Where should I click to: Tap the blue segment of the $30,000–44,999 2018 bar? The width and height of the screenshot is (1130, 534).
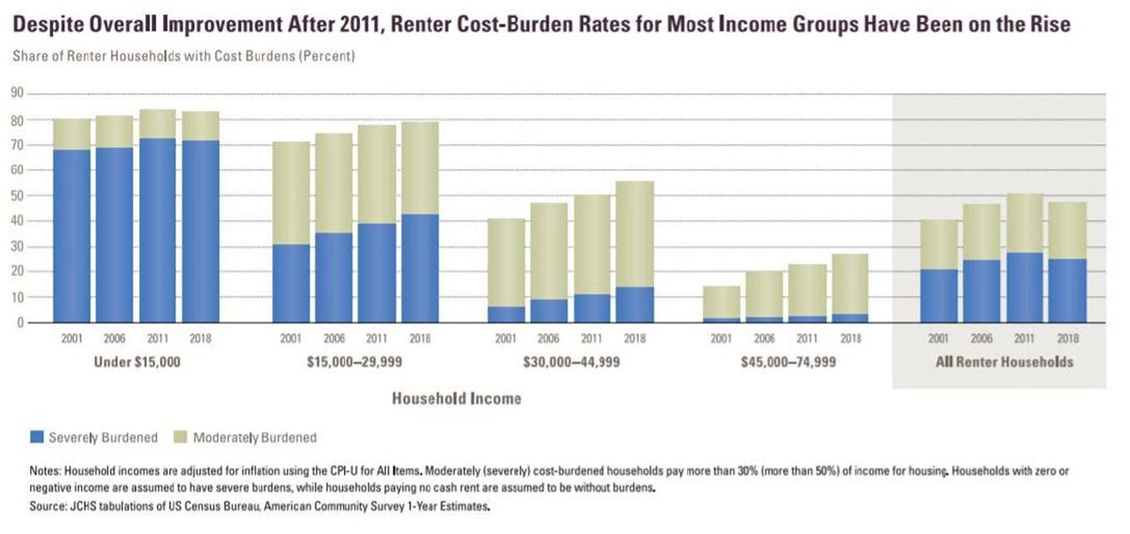636,305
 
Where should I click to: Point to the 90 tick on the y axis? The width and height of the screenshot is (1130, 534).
17,94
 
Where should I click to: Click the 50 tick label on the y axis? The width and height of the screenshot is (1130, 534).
17,195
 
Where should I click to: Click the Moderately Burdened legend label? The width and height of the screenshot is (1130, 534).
255,436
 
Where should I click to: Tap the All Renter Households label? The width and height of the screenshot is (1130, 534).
1001,362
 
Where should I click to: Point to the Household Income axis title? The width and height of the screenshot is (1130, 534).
456,399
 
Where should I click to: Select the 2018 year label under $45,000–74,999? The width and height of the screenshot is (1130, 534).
850,339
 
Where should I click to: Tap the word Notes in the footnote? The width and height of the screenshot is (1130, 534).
44,471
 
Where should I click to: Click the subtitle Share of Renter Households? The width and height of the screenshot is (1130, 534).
109,57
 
